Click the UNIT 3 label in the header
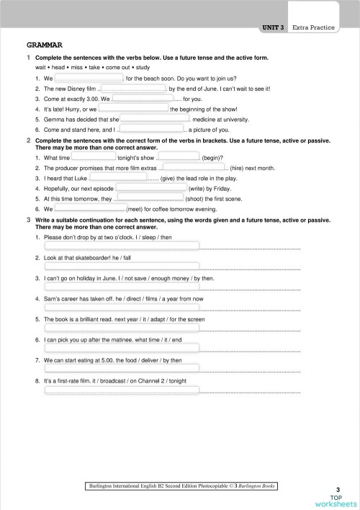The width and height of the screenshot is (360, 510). (x=273, y=27)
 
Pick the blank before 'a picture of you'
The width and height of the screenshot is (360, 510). (x=152, y=130)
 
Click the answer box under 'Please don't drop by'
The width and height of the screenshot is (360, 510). (x=122, y=247)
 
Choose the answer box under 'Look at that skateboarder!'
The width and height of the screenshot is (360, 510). (x=122, y=267)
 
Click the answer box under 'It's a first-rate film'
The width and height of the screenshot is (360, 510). (x=122, y=391)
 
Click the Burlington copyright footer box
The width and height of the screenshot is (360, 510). (x=180, y=486)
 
